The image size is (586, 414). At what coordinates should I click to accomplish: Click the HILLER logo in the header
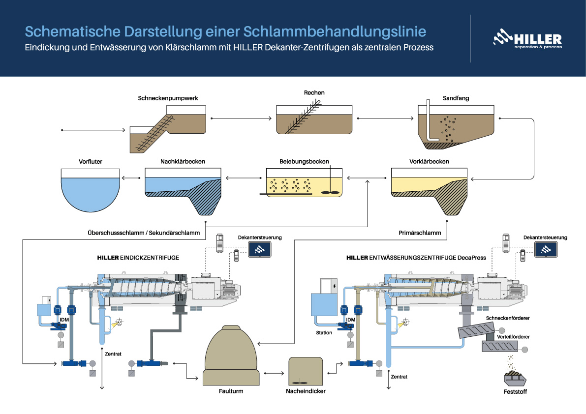[x=527, y=39]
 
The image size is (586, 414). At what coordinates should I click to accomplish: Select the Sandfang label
[x=456, y=98]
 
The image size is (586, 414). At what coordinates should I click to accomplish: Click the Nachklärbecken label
[x=183, y=162]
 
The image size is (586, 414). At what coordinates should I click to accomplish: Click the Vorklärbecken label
[x=429, y=162]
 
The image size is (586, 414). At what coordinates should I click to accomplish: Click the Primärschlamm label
[x=418, y=232]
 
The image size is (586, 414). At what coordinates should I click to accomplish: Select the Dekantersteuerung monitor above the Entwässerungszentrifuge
[x=545, y=250]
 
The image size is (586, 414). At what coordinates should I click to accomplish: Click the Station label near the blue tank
[x=324, y=333]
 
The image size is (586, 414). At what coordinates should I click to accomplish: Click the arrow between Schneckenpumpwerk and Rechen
[x=241, y=118]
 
